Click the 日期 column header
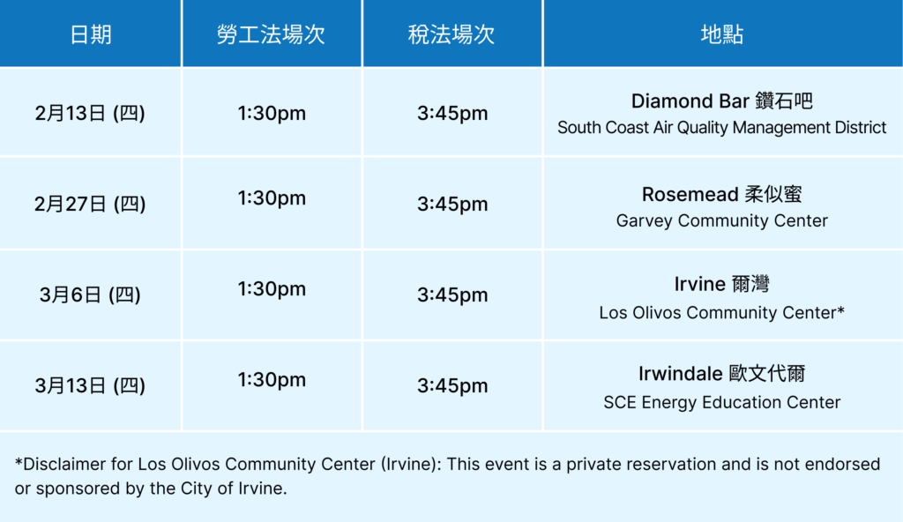pyautogui.click(x=91, y=34)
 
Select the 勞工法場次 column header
pyautogui.click(x=271, y=34)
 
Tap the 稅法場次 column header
pyautogui.click(x=451, y=34)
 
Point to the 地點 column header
pyautogui.click(x=721, y=34)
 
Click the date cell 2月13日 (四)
pyautogui.click(x=91, y=113)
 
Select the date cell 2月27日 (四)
pyautogui.click(x=91, y=204)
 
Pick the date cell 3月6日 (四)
pyautogui.click(x=91, y=295)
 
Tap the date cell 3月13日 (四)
pyautogui.click(x=91, y=385)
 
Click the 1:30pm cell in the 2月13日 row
pyautogui.click(x=271, y=113)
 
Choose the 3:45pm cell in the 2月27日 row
pyautogui.click(x=451, y=204)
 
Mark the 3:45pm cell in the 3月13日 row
pyautogui.click(x=451, y=385)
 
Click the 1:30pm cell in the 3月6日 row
pyautogui.click(x=271, y=289)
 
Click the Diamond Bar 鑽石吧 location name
pyautogui.click(x=721, y=101)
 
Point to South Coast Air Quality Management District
pyautogui.click(x=721, y=128)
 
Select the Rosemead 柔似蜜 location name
pyautogui.click(x=721, y=194)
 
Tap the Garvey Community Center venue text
pyautogui.click(x=721, y=220)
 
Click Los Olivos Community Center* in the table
pyautogui.click(x=721, y=312)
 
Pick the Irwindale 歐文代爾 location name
pyautogui.click(x=721, y=374)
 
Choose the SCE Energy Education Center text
pyautogui.click(x=721, y=402)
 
